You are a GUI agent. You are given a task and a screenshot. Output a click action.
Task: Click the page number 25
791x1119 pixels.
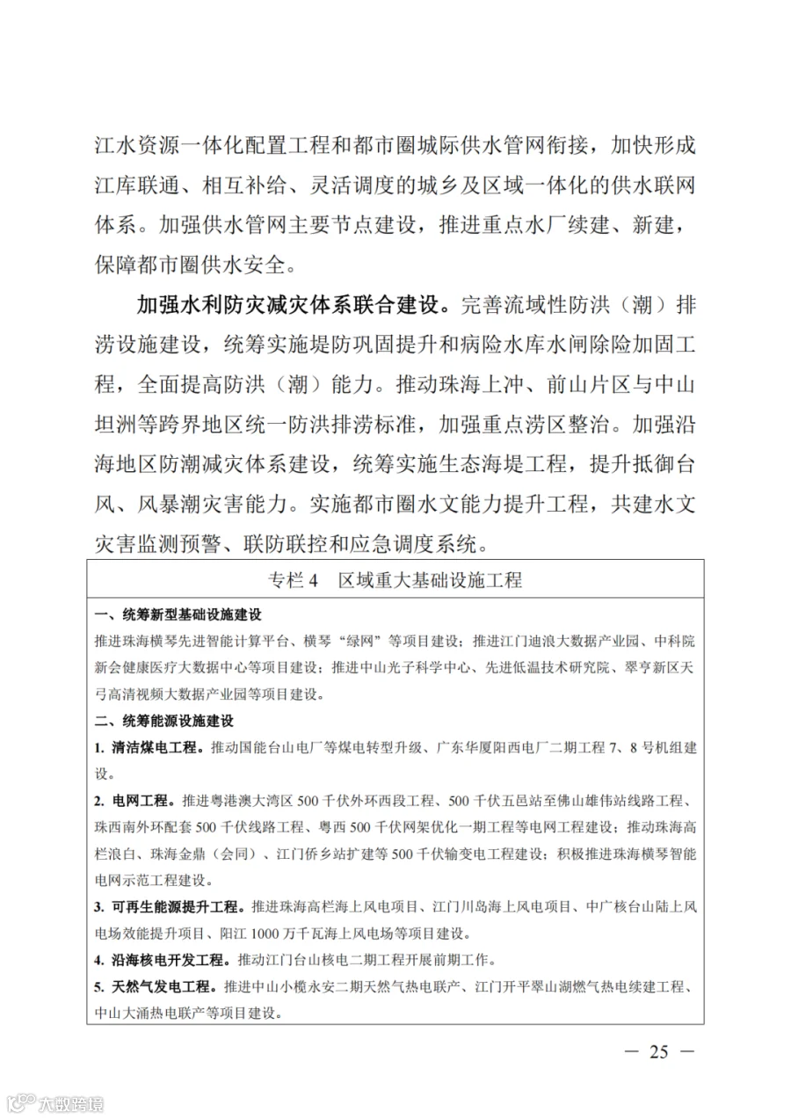click(659, 1051)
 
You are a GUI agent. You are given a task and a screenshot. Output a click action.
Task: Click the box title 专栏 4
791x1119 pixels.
click(395, 580)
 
